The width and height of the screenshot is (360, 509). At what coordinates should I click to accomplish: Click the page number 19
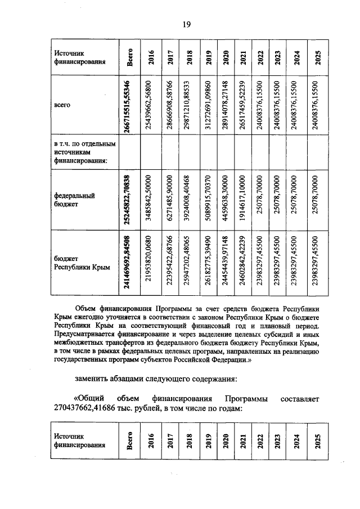click(187, 24)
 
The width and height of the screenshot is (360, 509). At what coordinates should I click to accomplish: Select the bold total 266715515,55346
click(130, 105)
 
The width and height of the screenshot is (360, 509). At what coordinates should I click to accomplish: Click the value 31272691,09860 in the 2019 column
click(208, 105)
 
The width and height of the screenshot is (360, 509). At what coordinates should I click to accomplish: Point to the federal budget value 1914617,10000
click(242, 200)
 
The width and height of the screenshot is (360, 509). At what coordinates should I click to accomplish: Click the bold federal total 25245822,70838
click(130, 200)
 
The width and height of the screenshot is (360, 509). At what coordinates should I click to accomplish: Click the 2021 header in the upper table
click(242, 57)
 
